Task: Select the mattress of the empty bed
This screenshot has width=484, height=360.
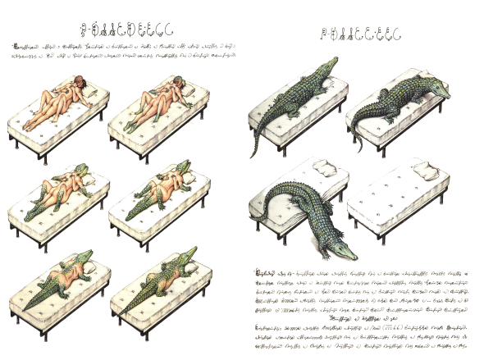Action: (x=398, y=197)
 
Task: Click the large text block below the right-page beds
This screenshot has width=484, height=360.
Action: (x=366, y=308)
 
